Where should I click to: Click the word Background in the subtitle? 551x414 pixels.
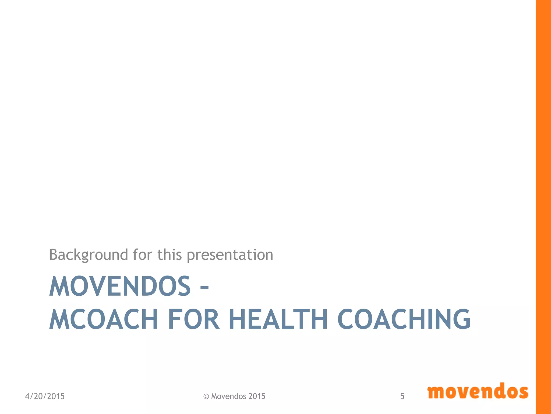pyautogui.click(x=89, y=255)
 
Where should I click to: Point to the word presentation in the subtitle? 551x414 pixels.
pyautogui.click(x=230, y=255)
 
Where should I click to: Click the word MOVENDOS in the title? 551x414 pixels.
pyautogui.click(x=120, y=286)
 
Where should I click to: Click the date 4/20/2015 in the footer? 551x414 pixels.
pyautogui.click(x=45, y=396)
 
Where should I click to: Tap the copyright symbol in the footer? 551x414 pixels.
pyautogui.click(x=206, y=396)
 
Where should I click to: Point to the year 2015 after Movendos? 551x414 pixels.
pyautogui.click(x=257, y=396)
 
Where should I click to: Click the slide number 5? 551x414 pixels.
pyautogui.click(x=402, y=396)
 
